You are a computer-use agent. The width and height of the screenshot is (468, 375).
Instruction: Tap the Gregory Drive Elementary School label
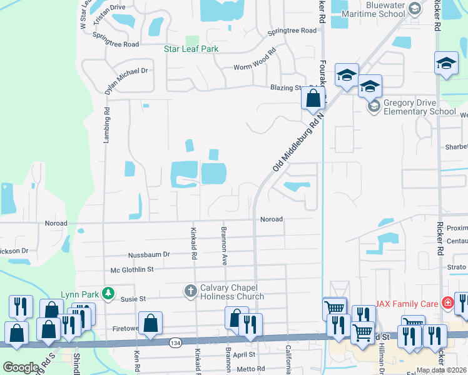click(420, 107)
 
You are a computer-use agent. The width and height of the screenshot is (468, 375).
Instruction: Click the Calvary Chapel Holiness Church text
click(232, 291)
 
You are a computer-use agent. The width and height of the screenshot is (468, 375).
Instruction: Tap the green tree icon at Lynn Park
click(108, 292)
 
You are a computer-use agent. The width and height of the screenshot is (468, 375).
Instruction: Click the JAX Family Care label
click(407, 304)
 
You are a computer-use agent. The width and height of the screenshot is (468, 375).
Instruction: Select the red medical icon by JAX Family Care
click(447, 304)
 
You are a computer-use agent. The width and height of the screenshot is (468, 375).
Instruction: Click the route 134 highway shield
click(176, 342)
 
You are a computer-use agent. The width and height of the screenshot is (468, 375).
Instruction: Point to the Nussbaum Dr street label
click(149, 254)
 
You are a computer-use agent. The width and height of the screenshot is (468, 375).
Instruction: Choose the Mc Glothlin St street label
click(132, 269)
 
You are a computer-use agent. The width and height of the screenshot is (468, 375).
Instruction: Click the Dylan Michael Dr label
click(126, 71)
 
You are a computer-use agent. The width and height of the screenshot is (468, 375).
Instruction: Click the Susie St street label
click(133, 299)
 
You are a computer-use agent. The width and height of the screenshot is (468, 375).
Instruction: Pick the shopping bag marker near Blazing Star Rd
click(313, 98)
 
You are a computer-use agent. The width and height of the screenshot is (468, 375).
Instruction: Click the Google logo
click(21, 367)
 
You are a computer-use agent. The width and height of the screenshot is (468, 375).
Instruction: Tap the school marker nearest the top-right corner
click(446, 63)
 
